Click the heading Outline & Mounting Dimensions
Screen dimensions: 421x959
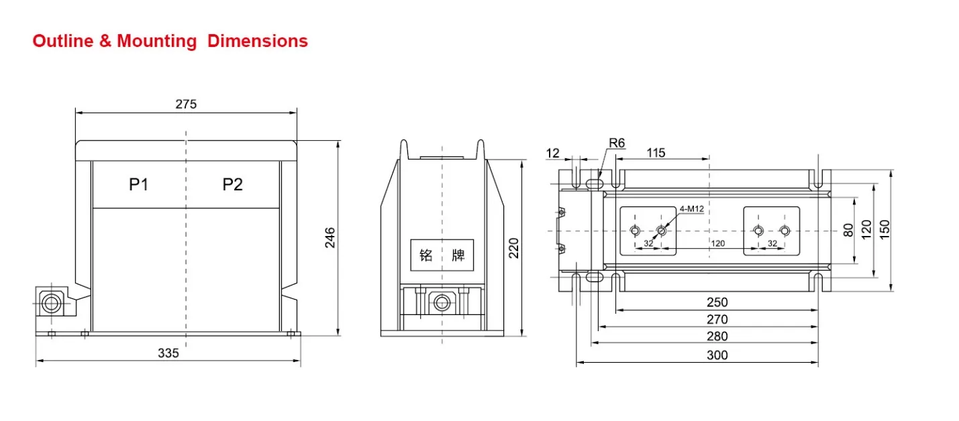tap(170, 41)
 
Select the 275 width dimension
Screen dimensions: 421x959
tap(186, 104)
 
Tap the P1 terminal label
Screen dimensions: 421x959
tap(138, 184)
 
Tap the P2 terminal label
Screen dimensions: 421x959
tap(232, 184)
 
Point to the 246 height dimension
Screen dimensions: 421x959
tap(330, 238)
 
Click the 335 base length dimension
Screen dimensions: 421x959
tap(168, 353)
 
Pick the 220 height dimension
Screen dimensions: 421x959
tap(513, 248)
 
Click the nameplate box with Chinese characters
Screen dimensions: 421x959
tap(442, 255)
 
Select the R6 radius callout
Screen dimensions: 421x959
tap(617, 143)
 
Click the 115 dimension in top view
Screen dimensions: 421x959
tap(656, 153)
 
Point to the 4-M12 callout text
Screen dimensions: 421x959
tap(691, 208)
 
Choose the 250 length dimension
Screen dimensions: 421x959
tap(717, 302)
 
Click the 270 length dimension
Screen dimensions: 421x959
tap(717, 319)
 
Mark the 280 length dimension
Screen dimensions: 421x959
tap(717, 337)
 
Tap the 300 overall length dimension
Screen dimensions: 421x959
tap(717, 355)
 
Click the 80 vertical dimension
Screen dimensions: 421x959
tap(848, 230)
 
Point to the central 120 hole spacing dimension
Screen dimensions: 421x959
tap(717, 243)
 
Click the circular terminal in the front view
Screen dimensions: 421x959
tap(50, 304)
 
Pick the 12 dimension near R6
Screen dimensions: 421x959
tap(552, 153)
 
